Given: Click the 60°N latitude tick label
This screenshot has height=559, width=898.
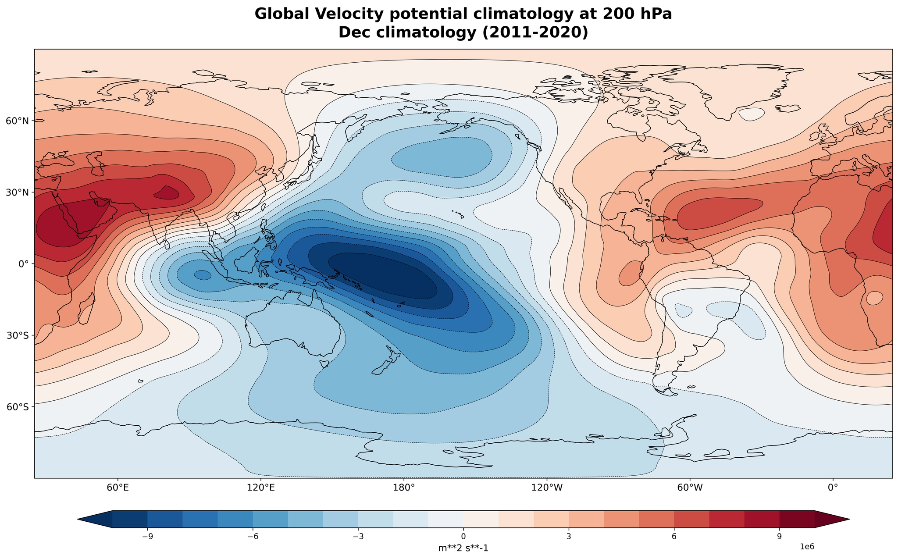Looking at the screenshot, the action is click(x=17, y=121).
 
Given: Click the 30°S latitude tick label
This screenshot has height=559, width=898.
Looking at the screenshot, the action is click(x=17, y=335).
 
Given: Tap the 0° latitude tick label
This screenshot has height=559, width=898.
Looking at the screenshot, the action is click(x=23, y=264).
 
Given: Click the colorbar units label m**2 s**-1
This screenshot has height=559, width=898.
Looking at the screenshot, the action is click(x=463, y=548).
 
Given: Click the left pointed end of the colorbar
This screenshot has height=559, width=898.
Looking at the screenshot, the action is click(x=78, y=519).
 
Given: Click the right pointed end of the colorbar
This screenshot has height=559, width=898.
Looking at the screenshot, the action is click(x=849, y=519).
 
